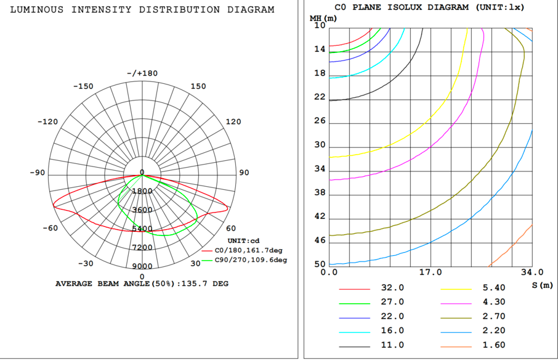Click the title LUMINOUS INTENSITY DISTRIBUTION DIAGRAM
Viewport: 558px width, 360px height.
pyautogui.click(x=142, y=10)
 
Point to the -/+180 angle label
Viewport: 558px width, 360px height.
pyautogui.click(x=142, y=73)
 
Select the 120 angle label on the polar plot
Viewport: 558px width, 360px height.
pyautogui.click(x=233, y=121)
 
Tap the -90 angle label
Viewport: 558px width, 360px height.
pyautogui.click(x=38, y=173)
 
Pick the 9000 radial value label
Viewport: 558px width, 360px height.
pyautogui.click(x=142, y=266)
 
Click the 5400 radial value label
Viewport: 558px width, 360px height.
pyautogui.click(x=142, y=229)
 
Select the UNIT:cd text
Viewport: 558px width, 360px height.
pyautogui.click(x=245, y=241)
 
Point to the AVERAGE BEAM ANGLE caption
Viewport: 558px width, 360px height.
pyautogui.click(x=142, y=284)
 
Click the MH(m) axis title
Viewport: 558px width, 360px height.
pyautogui.click(x=323, y=17)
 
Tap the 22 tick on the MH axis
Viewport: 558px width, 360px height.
pyautogui.click(x=320, y=97)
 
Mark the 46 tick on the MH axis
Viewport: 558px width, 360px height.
pyautogui.click(x=320, y=240)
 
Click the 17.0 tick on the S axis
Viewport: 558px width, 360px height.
pyautogui.click(x=430, y=272)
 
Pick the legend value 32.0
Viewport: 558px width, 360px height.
pyautogui.click(x=392, y=288)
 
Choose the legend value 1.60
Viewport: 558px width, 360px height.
pyautogui.click(x=493, y=345)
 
